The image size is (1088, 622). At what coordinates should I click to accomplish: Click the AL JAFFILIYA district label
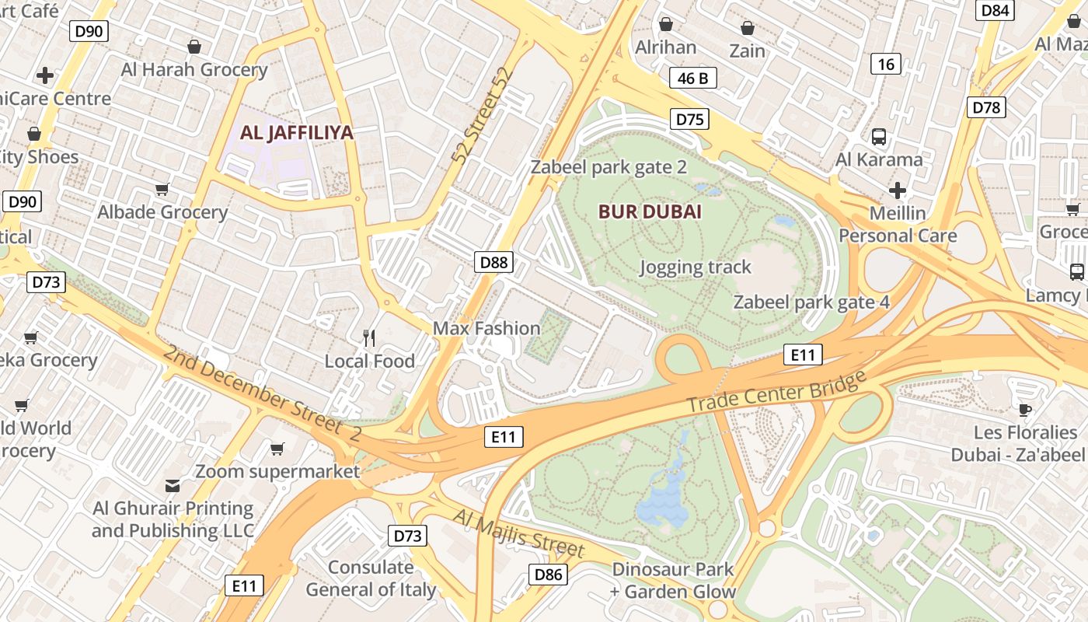(x=296, y=133)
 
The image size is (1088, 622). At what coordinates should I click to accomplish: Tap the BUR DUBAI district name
(x=650, y=211)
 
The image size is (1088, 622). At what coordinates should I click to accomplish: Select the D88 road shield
(x=493, y=262)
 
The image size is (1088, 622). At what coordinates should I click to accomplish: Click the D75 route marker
(x=689, y=119)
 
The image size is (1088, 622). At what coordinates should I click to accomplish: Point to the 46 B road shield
(x=692, y=78)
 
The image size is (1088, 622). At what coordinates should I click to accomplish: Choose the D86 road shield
(x=549, y=575)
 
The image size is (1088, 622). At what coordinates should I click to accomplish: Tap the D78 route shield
(x=986, y=107)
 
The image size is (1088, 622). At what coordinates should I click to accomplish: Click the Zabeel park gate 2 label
(x=609, y=167)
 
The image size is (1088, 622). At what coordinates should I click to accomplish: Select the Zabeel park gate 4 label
(x=811, y=302)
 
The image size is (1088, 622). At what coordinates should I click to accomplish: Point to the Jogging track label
(x=696, y=267)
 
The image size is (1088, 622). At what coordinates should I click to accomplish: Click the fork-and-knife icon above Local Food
(x=370, y=338)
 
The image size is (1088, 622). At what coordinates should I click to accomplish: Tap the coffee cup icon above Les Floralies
(x=1025, y=410)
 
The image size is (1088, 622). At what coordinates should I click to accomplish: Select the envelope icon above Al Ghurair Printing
(x=173, y=486)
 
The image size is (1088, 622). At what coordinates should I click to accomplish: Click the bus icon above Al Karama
(x=879, y=137)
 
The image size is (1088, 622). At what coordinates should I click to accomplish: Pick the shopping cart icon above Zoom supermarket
(x=277, y=449)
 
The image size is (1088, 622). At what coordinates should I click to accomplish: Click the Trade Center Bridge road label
(x=776, y=393)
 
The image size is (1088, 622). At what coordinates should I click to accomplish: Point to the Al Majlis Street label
(x=518, y=533)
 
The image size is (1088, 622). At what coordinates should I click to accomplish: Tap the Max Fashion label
(x=486, y=328)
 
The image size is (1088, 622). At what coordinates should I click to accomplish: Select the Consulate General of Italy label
(x=371, y=578)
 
